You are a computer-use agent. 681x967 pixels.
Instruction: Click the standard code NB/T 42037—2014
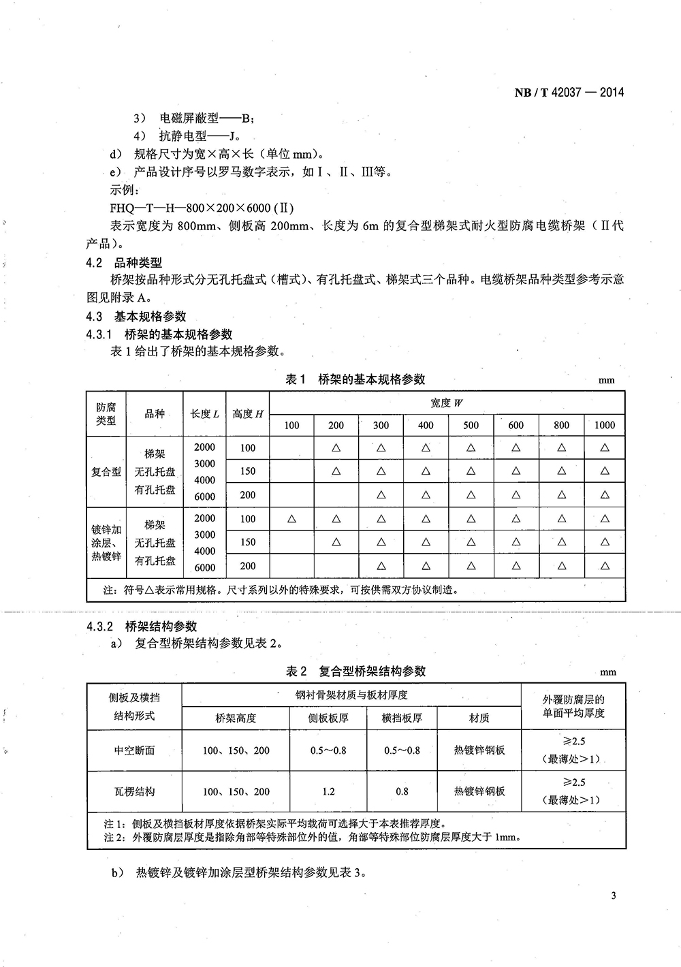tap(569, 93)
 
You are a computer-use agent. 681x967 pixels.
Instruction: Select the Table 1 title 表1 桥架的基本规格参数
tap(355, 379)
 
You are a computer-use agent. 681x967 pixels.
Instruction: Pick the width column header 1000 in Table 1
tap(604, 425)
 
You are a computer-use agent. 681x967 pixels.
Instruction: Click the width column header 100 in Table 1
tap(291, 425)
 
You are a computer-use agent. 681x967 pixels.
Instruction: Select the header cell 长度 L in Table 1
tap(204, 413)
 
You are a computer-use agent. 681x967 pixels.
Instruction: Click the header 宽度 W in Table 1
tap(447, 402)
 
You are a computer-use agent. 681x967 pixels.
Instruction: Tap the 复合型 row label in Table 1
tap(106, 471)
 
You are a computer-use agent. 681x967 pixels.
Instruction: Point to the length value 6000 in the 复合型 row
tap(204, 496)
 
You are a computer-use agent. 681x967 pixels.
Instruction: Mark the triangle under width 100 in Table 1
tap(291, 518)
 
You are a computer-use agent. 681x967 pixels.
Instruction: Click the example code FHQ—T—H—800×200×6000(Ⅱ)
tap(202, 208)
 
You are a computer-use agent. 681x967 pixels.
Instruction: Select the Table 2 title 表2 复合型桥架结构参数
tap(355, 671)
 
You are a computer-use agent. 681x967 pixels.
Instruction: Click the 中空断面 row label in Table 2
tap(134, 750)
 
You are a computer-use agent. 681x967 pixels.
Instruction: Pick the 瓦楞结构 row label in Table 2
tap(134, 791)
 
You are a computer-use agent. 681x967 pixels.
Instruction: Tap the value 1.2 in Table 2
tap(328, 791)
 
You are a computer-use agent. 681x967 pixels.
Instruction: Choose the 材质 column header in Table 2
tap(479, 718)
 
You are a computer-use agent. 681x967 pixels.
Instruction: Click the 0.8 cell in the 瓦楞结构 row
tap(402, 791)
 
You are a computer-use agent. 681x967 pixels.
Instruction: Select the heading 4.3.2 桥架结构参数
tap(141, 626)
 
